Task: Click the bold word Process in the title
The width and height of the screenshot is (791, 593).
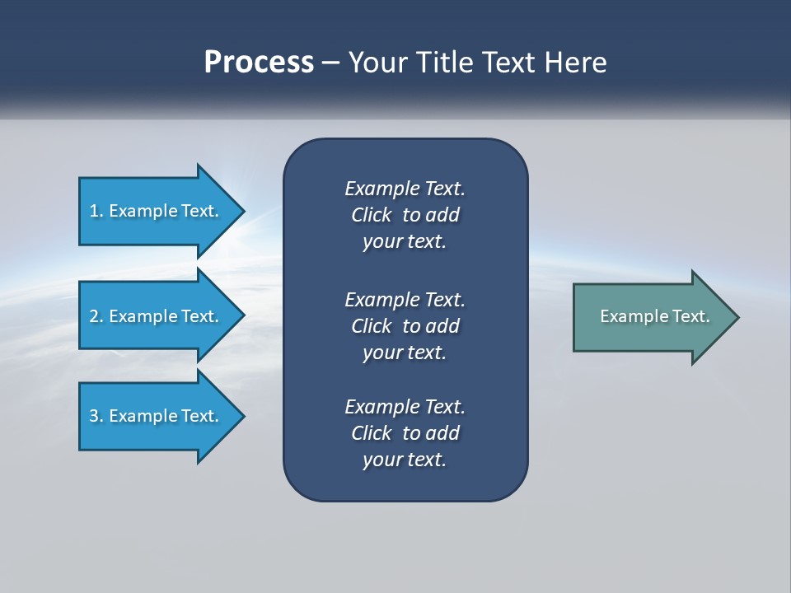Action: (259, 63)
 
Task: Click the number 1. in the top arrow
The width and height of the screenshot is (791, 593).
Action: (96, 211)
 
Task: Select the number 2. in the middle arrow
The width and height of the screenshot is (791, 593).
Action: (96, 316)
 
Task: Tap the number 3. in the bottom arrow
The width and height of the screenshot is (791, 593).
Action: (96, 416)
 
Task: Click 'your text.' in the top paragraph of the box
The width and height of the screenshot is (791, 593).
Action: (405, 242)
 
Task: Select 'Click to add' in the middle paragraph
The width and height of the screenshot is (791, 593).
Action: (405, 326)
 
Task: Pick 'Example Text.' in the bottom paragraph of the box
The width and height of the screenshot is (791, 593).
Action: (405, 407)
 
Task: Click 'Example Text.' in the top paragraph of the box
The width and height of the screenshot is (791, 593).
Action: (405, 189)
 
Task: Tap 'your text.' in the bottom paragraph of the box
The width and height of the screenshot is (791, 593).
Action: (405, 460)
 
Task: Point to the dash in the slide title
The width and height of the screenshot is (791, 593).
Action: (331, 64)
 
